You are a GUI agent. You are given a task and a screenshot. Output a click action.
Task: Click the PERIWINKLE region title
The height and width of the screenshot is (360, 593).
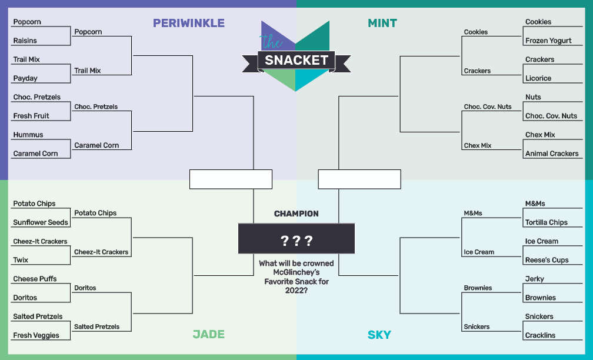click(x=189, y=23)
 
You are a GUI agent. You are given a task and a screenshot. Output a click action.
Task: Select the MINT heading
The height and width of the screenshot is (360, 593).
click(x=382, y=23)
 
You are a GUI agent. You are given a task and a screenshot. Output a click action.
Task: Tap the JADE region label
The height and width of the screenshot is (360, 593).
click(x=209, y=334)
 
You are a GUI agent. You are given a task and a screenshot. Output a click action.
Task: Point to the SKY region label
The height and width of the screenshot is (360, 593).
click(x=379, y=335)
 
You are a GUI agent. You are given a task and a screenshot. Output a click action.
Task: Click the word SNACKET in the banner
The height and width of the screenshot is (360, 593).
click(x=296, y=60)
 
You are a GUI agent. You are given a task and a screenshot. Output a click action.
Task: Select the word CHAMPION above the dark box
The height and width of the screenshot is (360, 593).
click(x=296, y=214)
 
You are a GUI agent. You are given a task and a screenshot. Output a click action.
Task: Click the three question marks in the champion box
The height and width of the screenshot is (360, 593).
click(x=296, y=241)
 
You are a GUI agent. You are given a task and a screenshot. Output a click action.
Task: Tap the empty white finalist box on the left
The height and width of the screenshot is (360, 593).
click(x=231, y=179)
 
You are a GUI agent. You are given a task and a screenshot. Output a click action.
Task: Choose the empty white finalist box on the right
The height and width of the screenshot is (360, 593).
click(x=359, y=179)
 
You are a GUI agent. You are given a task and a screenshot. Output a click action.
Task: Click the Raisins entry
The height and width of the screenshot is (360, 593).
click(x=25, y=41)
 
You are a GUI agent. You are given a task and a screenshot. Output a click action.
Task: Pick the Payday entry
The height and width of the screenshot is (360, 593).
click(x=25, y=78)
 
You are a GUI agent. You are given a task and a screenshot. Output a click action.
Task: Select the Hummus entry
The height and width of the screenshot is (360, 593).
click(x=28, y=135)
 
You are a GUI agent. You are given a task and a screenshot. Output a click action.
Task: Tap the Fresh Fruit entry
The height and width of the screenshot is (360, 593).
click(x=31, y=116)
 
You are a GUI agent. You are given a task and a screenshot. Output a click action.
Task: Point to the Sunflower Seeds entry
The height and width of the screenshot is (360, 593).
click(x=41, y=222)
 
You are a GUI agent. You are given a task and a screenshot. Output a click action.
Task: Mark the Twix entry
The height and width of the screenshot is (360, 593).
click(x=21, y=260)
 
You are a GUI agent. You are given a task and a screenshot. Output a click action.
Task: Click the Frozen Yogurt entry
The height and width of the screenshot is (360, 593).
click(x=548, y=41)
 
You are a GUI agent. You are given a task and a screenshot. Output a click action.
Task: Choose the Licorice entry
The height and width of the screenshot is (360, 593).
click(x=538, y=78)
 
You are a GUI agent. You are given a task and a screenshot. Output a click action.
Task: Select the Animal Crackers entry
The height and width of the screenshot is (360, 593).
click(x=552, y=154)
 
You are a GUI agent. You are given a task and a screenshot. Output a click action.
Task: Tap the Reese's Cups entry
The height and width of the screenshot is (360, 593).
click(x=547, y=260)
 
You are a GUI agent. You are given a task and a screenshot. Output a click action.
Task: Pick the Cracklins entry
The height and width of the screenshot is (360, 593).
click(x=540, y=335)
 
